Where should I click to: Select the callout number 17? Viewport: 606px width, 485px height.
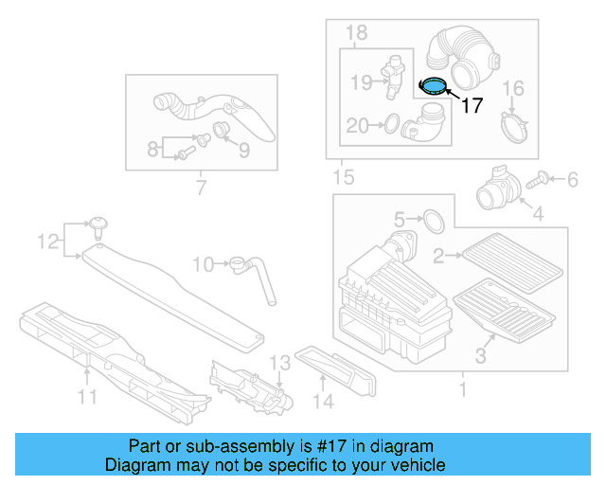point(472,105)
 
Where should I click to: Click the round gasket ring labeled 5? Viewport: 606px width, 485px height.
point(432,221)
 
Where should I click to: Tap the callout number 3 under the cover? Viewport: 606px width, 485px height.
point(480,355)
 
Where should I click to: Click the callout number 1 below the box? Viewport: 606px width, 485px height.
point(461,388)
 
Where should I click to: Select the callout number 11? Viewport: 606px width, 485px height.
point(87,397)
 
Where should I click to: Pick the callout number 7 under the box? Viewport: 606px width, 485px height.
point(200,188)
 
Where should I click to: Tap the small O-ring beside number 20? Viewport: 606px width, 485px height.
point(388,123)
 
